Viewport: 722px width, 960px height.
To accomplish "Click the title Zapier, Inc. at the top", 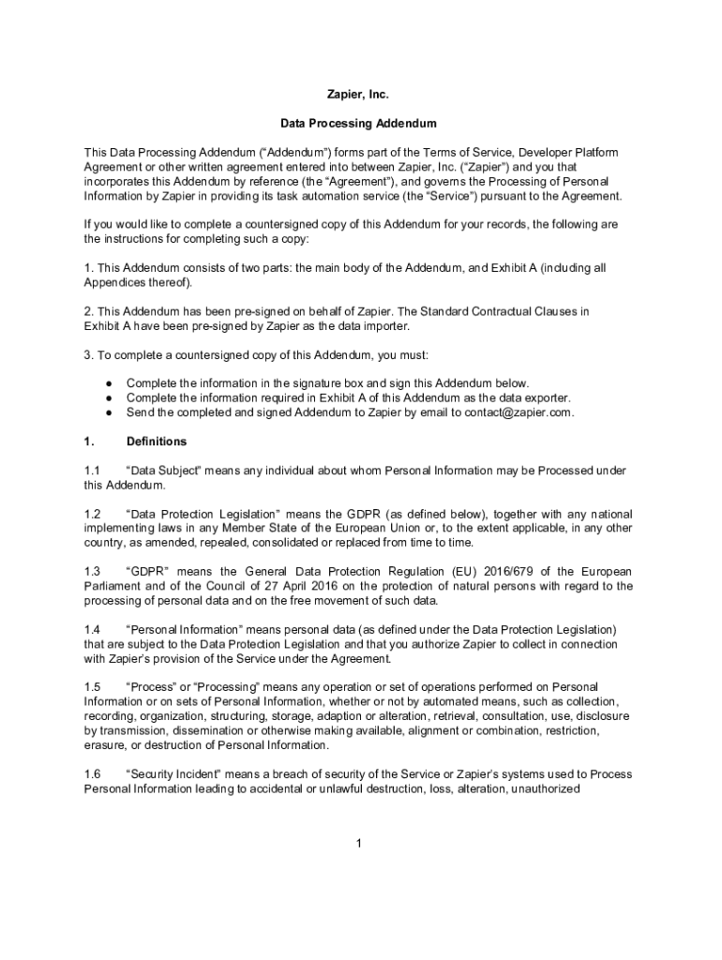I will click(x=356, y=95).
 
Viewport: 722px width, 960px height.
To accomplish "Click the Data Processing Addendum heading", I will click(x=358, y=123).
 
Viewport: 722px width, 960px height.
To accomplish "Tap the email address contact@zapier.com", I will click(x=519, y=412).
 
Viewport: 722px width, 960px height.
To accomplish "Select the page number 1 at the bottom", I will click(x=358, y=844).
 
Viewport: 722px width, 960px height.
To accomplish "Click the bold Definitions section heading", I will click(x=156, y=442).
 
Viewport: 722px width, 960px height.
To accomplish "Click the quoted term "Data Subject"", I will click(x=163, y=471).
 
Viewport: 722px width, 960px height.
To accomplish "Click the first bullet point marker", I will click(x=110, y=383).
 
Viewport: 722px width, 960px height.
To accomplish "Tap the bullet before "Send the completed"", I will click(x=110, y=412).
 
